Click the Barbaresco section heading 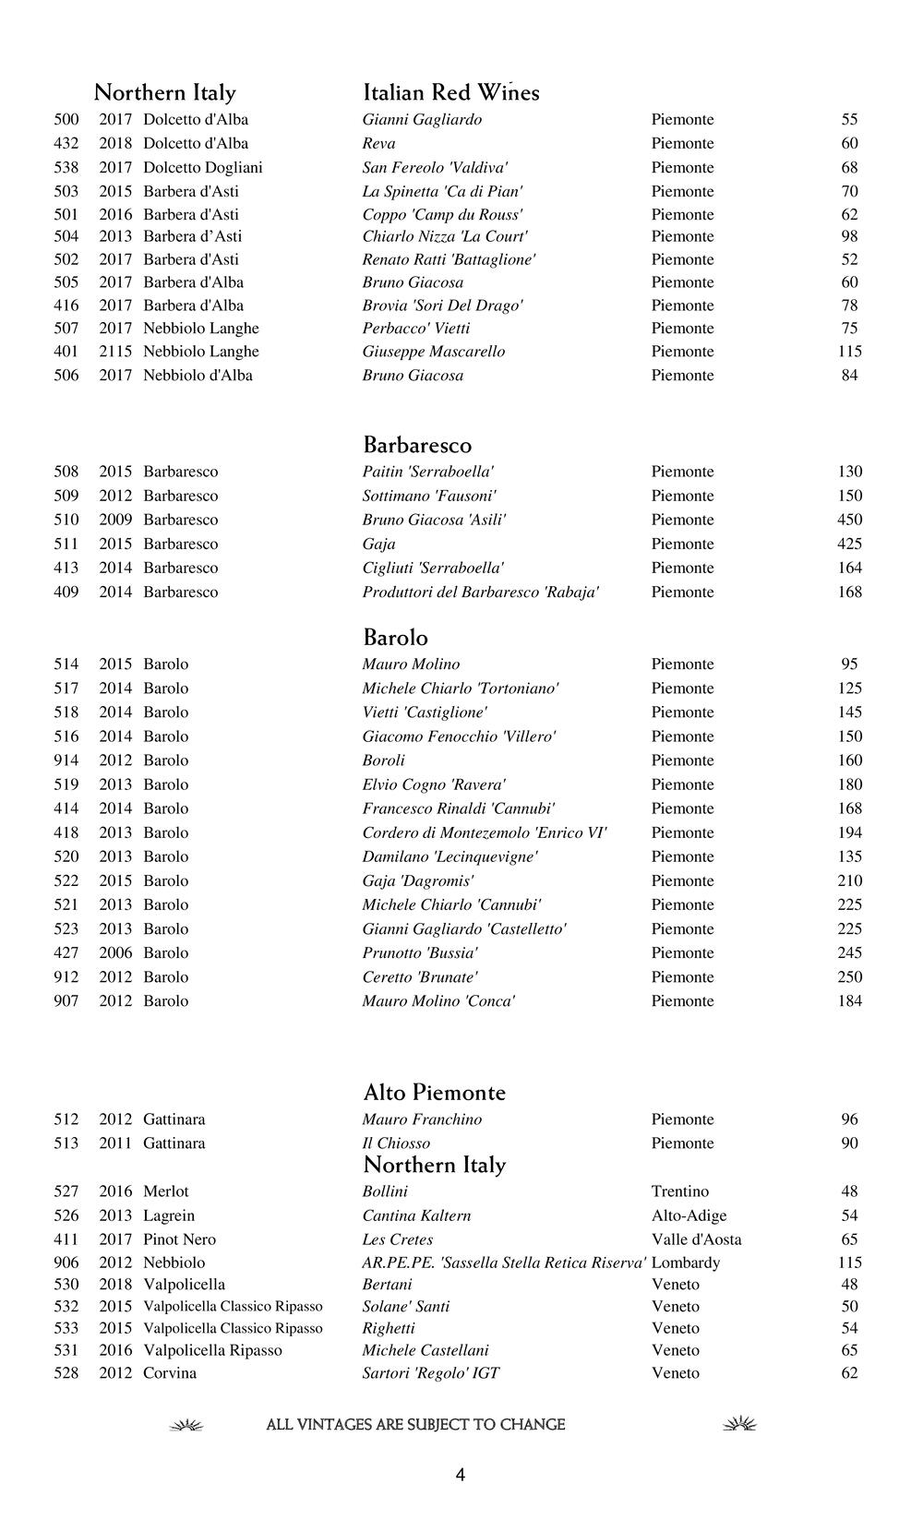[x=417, y=446]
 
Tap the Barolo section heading [x=395, y=638]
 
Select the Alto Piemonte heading [x=434, y=1093]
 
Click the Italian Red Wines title [x=450, y=92]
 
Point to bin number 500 [x=66, y=120]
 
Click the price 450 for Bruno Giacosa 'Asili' [x=849, y=520]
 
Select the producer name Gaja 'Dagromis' [x=418, y=880]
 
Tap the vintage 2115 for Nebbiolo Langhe [x=115, y=352]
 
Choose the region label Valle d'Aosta [x=696, y=1239]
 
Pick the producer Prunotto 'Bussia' [x=420, y=952]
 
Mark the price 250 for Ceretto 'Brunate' [x=849, y=976]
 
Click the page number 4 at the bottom [x=461, y=1475]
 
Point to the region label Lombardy [x=685, y=1263]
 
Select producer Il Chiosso [x=396, y=1143]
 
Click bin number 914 [x=66, y=760]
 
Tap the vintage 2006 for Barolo [x=115, y=952]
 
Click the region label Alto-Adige [x=689, y=1215]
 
